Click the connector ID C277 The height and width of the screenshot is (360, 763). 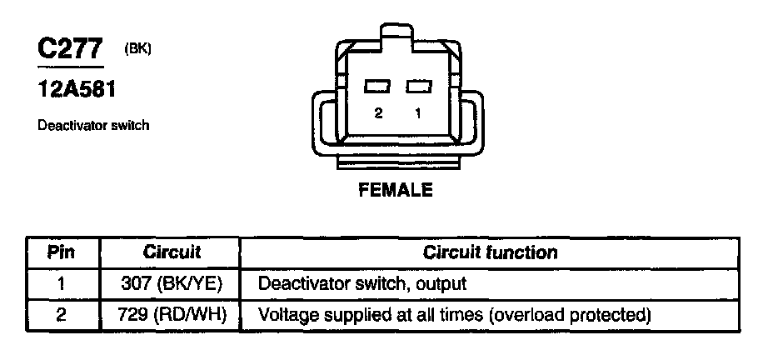(70, 49)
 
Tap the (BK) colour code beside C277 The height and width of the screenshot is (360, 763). (137, 49)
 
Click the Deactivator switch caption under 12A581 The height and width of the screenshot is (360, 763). (92, 126)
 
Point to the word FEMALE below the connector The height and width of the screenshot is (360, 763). (395, 190)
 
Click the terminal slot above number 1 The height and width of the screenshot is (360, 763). (416, 87)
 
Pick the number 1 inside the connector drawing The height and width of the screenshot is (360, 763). (416, 113)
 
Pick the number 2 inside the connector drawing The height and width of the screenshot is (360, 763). (378, 113)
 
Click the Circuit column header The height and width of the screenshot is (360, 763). (172, 252)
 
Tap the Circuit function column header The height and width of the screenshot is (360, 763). (491, 252)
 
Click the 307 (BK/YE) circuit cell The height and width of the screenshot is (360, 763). (172, 283)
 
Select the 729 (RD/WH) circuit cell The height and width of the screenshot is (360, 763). (172, 316)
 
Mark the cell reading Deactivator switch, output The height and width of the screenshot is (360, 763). (362, 283)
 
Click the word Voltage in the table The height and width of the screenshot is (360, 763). (285, 316)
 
